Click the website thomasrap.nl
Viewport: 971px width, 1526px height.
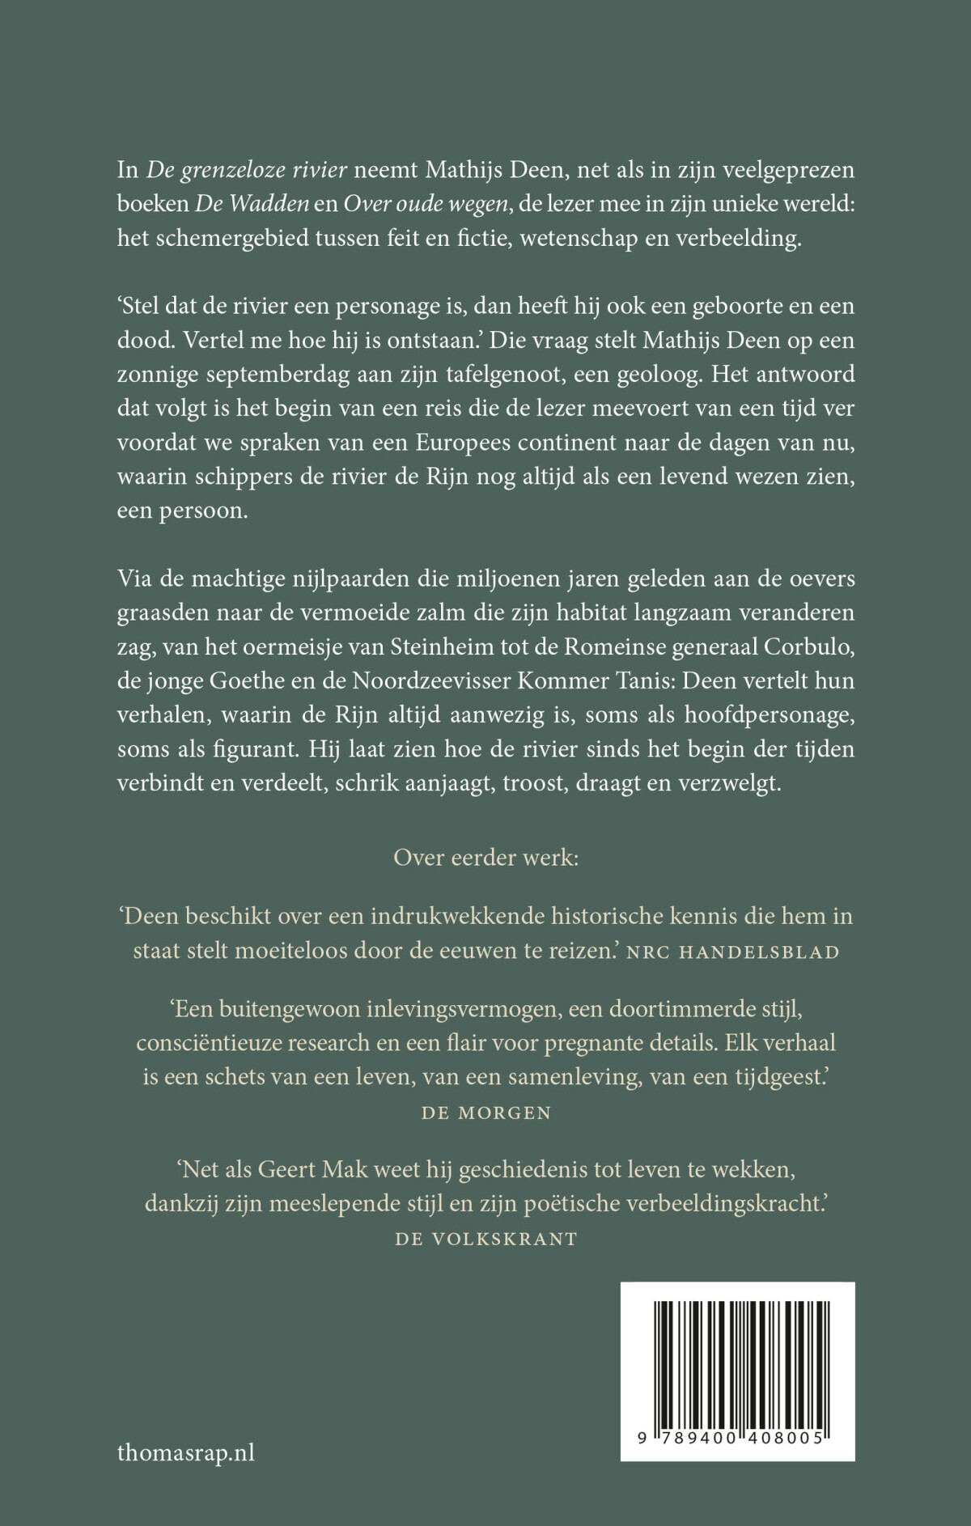point(185,1452)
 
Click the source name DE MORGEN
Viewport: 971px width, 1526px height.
point(485,1113)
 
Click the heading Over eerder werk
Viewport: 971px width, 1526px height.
point(485,858)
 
